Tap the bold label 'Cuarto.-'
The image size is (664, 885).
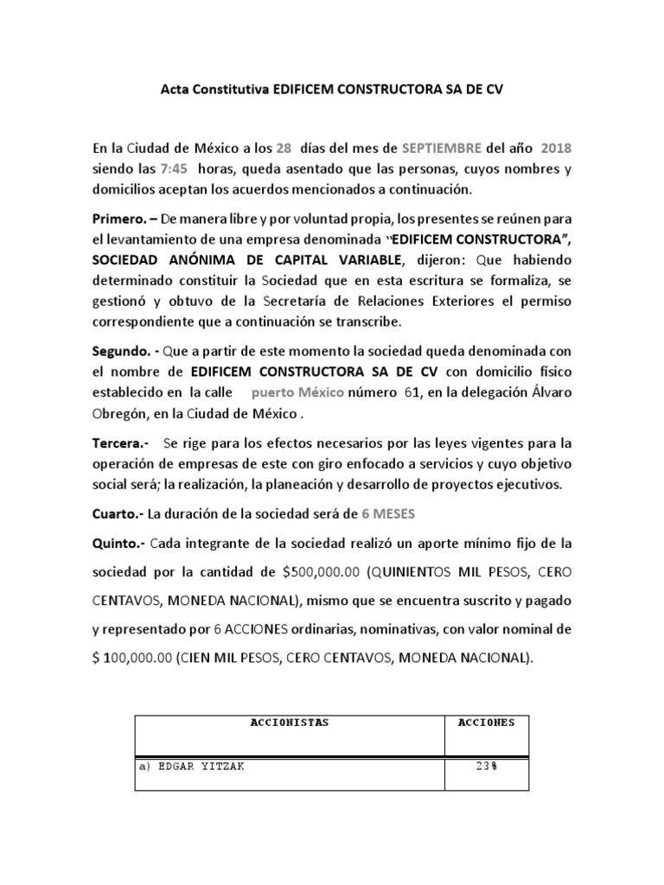coord(118,513)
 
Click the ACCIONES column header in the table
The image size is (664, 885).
coord(485,723)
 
